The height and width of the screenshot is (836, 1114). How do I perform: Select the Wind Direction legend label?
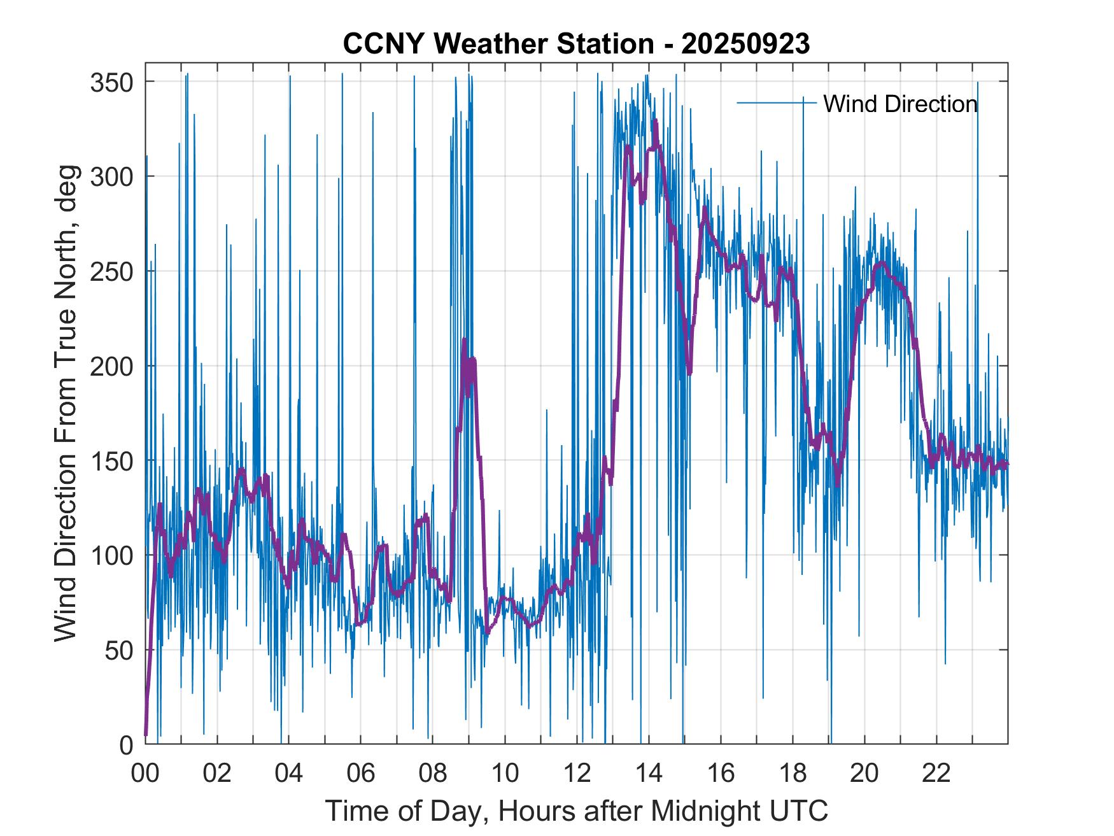(x=900, y=104)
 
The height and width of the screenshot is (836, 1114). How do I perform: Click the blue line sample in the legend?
(x=777, y=102)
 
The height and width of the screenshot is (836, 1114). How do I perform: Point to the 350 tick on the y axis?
(x=112, y=82)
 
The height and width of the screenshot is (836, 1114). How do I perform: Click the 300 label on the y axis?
(x=112, y=176)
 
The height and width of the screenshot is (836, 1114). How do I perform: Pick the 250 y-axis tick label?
(x=112, y=271)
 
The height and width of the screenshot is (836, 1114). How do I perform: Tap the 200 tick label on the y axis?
(x=112, y=366)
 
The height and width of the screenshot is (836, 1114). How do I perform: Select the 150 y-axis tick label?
(x=112, y=460)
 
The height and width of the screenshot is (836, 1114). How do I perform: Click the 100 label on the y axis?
(x=112, y=555)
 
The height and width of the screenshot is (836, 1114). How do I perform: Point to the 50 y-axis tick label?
(x=119, y=650)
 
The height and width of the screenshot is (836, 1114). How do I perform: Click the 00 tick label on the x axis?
(x=145, y=774)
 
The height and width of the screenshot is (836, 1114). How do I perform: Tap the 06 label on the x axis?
(x=361, y=774)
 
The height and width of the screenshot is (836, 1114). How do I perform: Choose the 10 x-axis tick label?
(x=505, y=774)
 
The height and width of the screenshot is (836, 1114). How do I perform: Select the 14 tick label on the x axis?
(x=649, y=774)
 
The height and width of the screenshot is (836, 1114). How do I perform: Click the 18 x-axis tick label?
(x=793, y=774)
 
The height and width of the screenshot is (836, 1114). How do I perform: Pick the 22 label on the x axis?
(x=936, y=774)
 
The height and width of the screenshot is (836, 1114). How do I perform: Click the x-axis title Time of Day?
(x=576, y=811)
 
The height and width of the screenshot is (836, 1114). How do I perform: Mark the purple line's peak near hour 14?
(x=655, y=120)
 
